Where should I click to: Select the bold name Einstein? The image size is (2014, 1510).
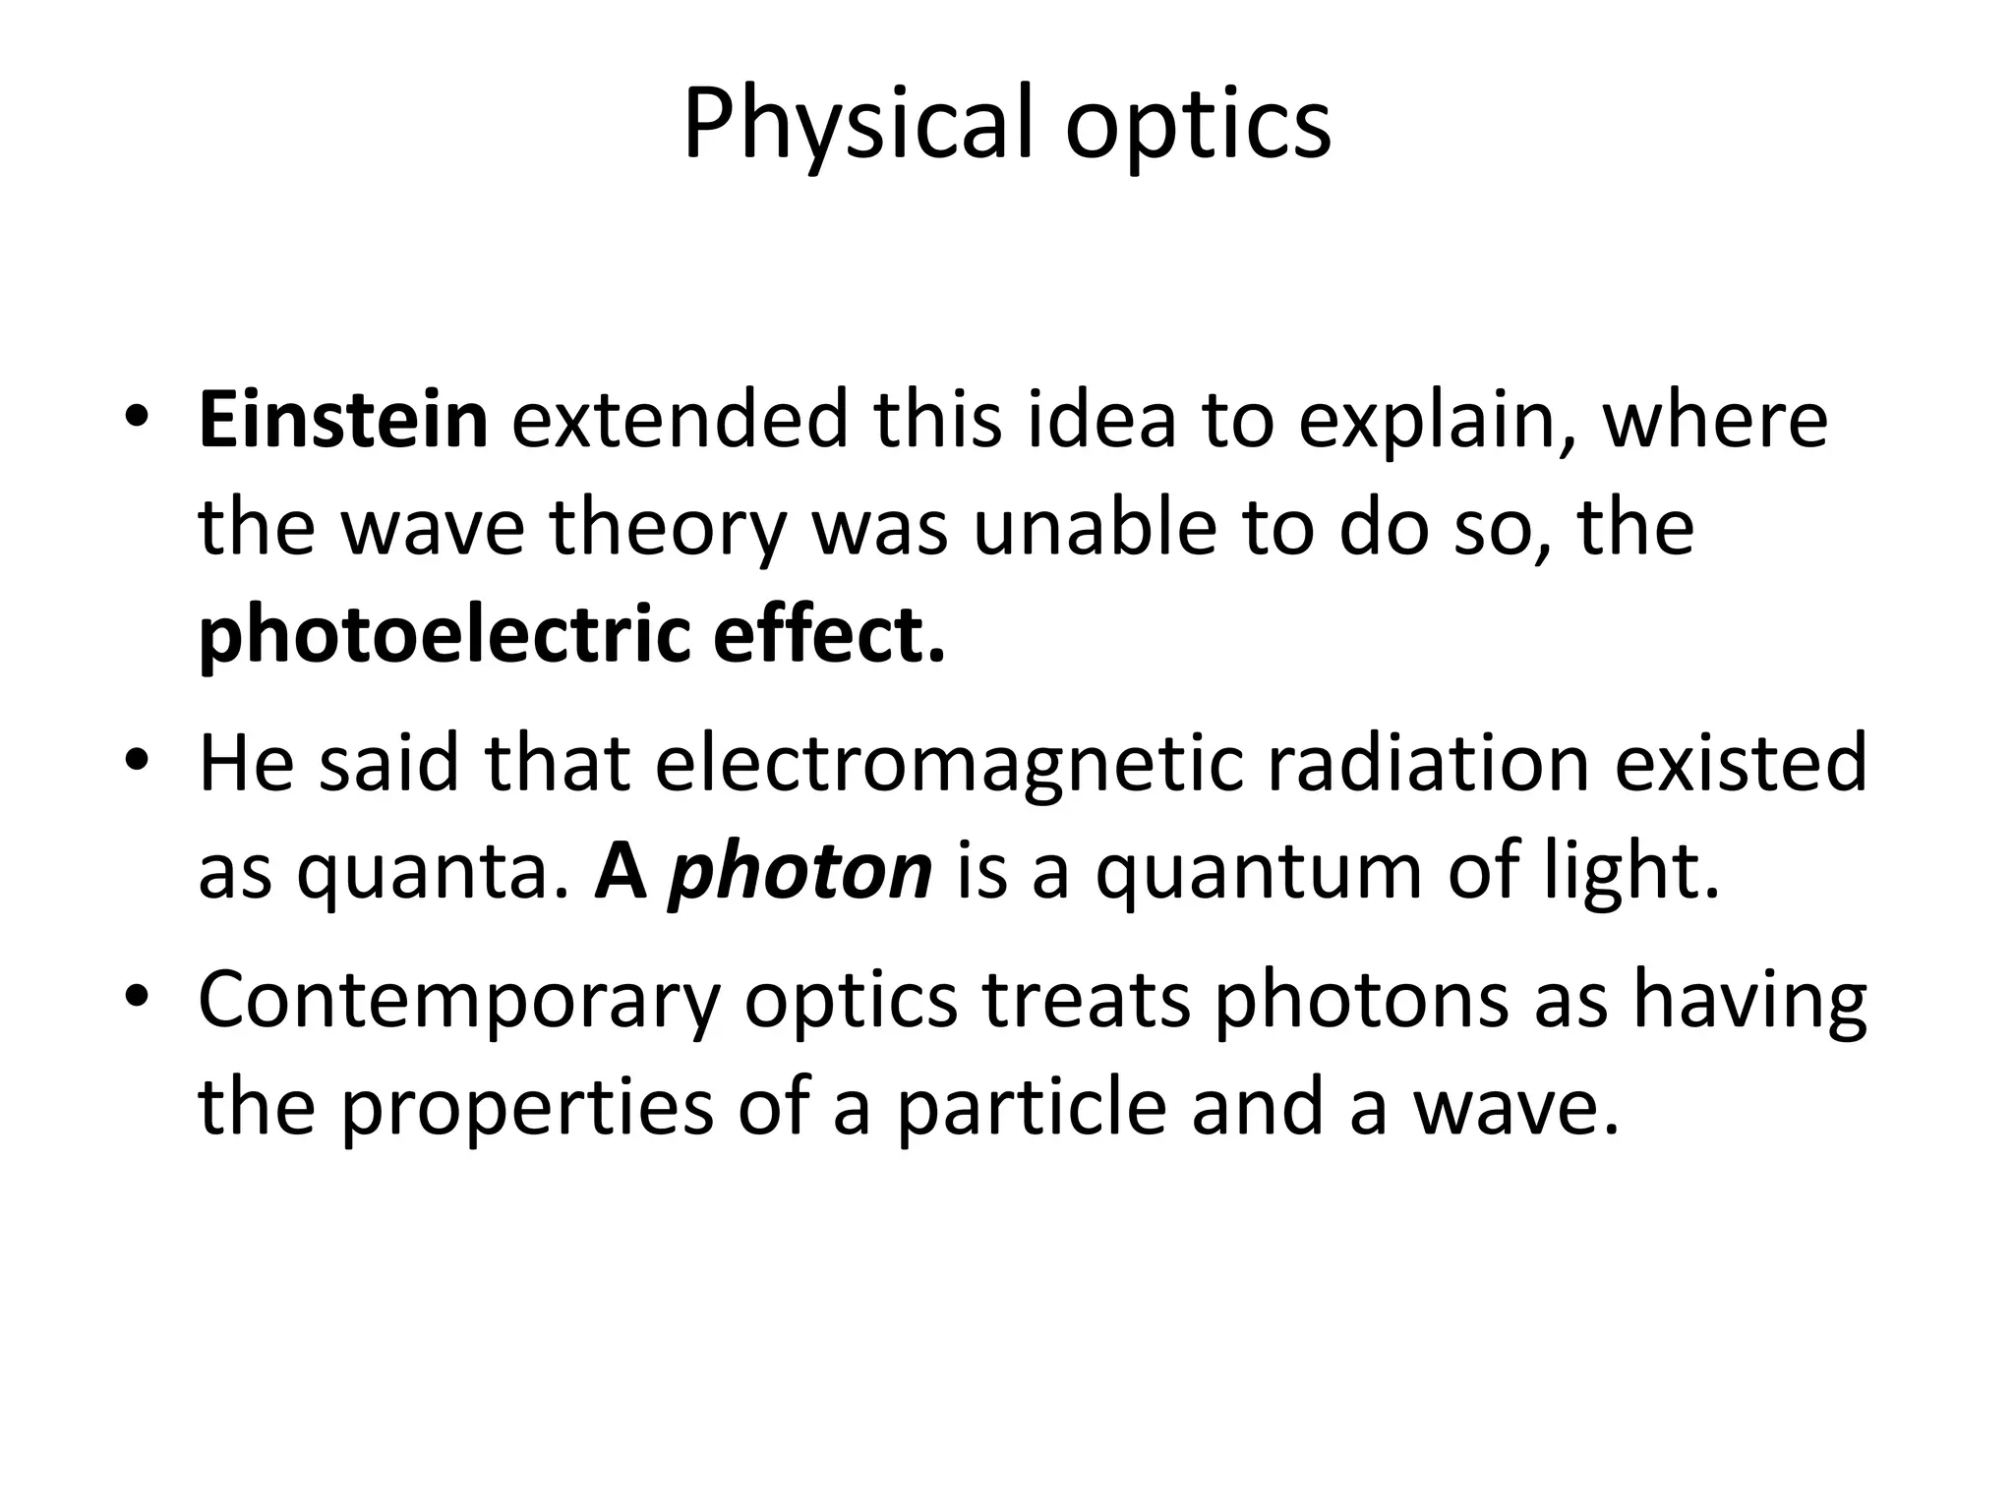343,420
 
